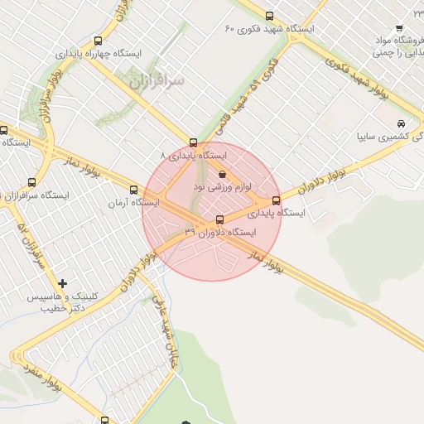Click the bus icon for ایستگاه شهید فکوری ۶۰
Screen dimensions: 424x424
click(x=269, y=16)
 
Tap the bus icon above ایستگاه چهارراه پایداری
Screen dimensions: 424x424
click(x=99, y=40)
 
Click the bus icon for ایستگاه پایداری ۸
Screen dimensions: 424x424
click(x=194, y=142)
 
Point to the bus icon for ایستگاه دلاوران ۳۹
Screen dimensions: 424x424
click(x=219, y=219)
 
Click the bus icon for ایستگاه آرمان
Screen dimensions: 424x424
click(x=134, y=190)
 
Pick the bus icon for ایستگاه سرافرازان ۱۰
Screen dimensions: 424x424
click(x=32, y=182)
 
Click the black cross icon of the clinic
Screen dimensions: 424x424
click(x=63, y=284)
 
